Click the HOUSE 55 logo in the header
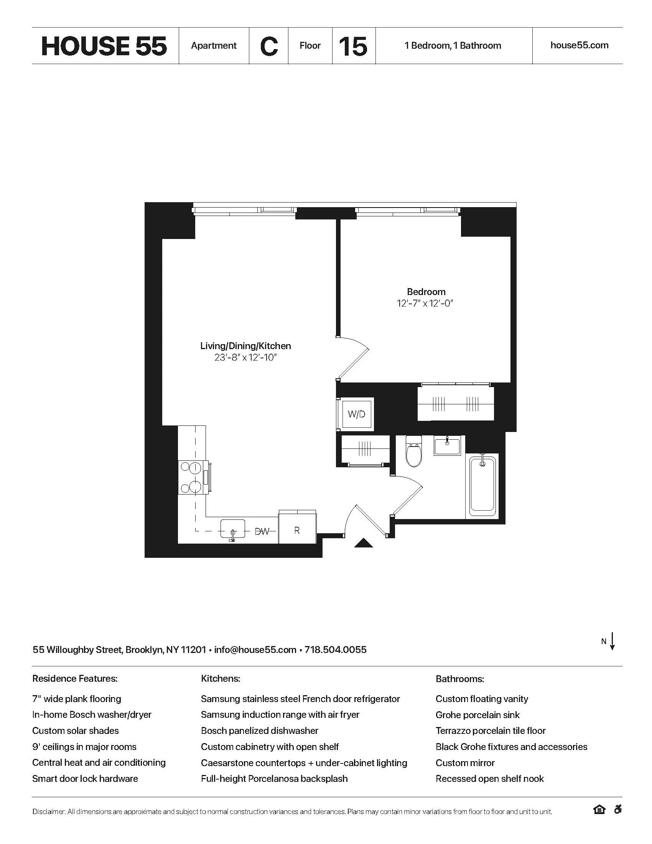104,46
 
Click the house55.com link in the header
579,45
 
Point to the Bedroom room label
426,292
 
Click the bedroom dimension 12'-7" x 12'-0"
425,303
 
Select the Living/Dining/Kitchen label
245,346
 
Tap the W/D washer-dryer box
356,414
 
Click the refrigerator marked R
297,530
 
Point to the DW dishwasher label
262,531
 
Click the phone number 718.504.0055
335,649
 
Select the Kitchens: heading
221,679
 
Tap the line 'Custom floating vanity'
482,699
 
